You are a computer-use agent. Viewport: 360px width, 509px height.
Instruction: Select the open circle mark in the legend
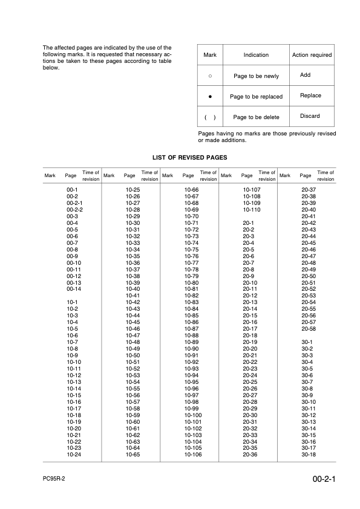(x=210, y=76)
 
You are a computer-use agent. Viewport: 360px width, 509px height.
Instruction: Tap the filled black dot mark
(x=210, y=96)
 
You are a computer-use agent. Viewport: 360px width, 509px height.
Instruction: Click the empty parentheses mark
(x=210, y=117)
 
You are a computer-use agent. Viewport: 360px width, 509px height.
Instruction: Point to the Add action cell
(x=305, y=75)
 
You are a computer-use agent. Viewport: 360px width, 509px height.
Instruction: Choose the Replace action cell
(x=310, y=96)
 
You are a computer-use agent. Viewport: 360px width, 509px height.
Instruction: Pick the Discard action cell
(x=310, y=116)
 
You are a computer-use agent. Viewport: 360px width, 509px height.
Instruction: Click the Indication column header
(x=256, y=55)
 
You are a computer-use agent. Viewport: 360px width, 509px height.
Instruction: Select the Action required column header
(x=312, y=55)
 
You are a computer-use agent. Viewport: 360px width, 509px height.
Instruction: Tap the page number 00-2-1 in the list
(x=74, y=203)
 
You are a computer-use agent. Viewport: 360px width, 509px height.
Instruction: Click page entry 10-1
(x=72, y=302)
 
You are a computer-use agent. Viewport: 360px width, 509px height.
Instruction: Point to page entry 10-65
(x=133, y=454)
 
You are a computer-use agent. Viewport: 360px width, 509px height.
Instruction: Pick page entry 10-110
(x=251, y=209)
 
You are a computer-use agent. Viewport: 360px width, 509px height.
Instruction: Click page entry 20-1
(x=248, y=223)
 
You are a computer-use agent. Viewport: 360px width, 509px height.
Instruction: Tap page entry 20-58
(x=309, y=328)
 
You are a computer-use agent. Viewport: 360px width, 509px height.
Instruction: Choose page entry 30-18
(x=309, y=454)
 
